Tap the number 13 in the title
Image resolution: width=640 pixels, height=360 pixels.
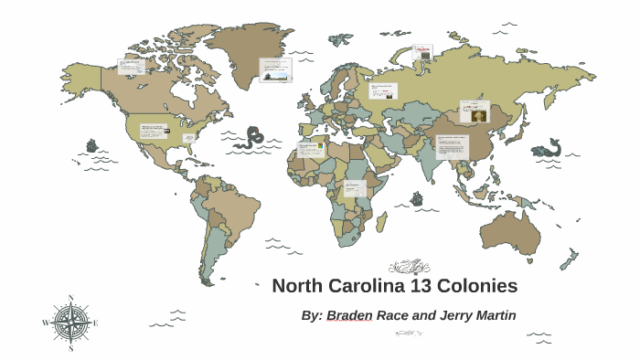point(421,285)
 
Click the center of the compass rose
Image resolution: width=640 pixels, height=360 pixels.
point(70,323)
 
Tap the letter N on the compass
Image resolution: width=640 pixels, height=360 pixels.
point(70,298)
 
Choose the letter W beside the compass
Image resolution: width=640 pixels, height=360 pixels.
point(45,323)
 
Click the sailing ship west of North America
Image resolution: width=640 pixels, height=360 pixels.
point(91,144)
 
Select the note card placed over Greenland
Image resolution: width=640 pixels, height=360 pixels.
point(275,69)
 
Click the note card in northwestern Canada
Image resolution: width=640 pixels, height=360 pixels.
point(131,67)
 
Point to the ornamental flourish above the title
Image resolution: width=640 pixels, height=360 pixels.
point(409,267)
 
